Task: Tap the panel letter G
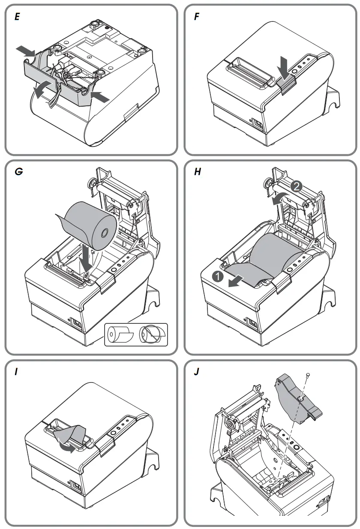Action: tap(18, 172)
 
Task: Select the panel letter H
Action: tap(197, 172)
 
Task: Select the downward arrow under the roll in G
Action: tap(87, 257)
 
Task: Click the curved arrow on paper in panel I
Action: tap(67, 446)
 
